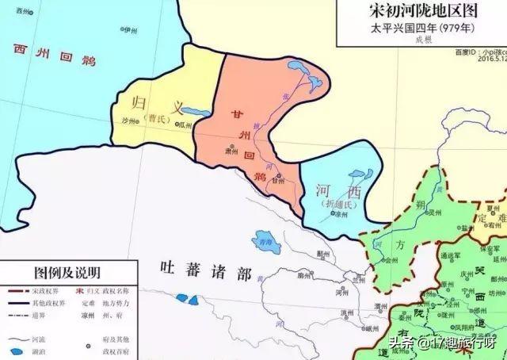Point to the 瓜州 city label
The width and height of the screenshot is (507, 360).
click(x=185, y=124)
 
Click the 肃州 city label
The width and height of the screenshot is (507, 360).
click(x=231, y=150)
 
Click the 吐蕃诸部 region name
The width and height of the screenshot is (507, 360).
click(x=205, y=273)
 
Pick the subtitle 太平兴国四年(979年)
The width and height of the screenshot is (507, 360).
click(x=424, y=29)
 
